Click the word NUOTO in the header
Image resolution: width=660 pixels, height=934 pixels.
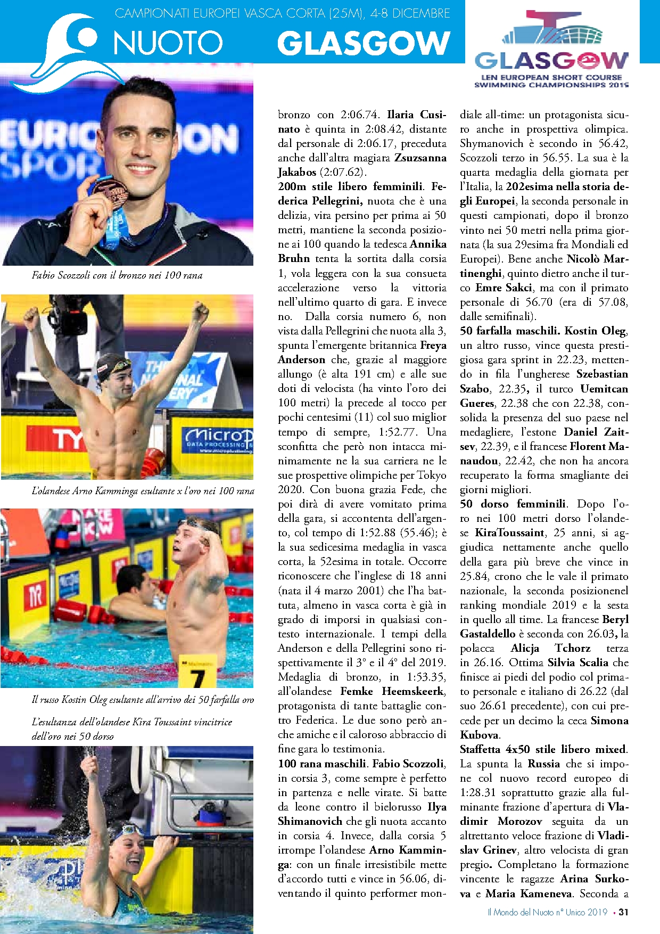168,43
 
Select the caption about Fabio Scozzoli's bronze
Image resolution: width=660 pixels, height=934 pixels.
117,275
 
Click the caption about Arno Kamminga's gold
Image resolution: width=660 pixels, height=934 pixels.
143,490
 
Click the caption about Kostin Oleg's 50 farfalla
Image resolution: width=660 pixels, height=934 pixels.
143,699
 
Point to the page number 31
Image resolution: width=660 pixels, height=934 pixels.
623,912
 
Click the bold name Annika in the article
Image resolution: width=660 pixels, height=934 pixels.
428,244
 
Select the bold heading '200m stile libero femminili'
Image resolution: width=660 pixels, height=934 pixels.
350,186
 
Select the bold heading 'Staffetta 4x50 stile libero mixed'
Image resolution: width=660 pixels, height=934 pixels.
543,749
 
